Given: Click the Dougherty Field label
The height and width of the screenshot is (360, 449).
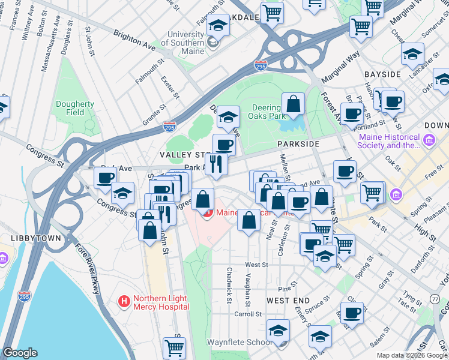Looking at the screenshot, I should click(75, 108).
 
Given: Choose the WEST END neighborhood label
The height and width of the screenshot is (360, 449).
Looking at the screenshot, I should click(288, 300).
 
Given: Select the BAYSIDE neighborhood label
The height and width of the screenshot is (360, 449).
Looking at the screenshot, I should click(382, 74).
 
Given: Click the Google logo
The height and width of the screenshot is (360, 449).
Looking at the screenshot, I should click(20, 353).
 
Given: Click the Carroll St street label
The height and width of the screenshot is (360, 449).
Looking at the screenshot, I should click(248, 314).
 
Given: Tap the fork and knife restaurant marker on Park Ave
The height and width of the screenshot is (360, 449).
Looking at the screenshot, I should click(217, 164).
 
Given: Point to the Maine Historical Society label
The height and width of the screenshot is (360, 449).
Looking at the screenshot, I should click(389, 141).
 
